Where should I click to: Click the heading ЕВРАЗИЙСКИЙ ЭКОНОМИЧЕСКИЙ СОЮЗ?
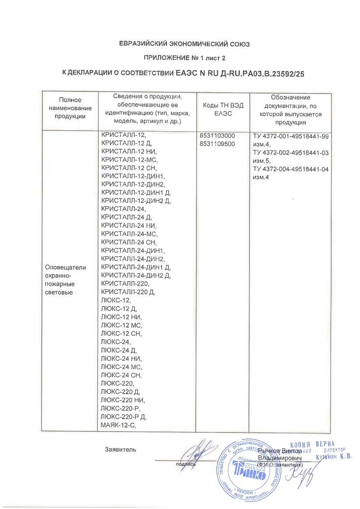click(x=180, y=44)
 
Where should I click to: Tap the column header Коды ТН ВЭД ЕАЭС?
click(x=223, y=109)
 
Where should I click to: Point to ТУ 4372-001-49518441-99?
click(x=291, y=136)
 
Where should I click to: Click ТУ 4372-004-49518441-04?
click(x=291, y=169)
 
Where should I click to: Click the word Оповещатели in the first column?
click(x=66, y=267)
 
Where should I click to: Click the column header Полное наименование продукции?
click(x=70, y=108)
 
